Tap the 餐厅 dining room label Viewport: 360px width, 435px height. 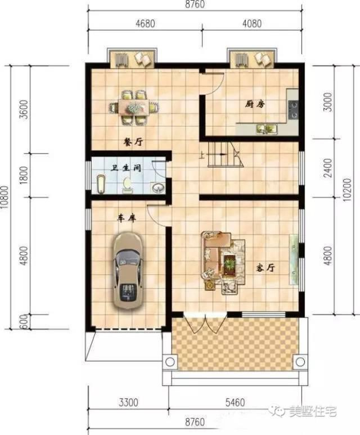point(133,142)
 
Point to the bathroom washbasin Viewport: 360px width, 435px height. point(157,187)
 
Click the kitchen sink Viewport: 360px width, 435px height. point(263,129)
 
